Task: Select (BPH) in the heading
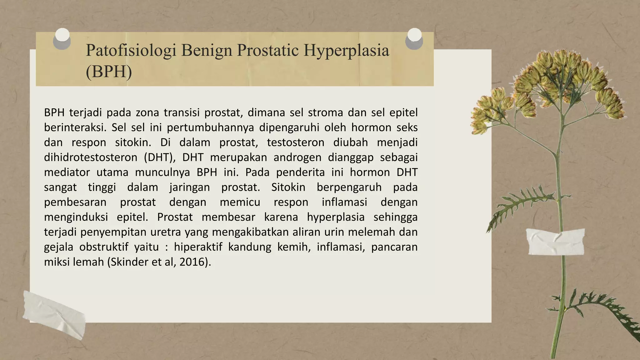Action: (x=109, y=72)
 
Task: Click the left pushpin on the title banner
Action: (x=62, y=39)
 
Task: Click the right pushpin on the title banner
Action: (x=414, y=39)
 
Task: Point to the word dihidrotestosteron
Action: (x=91, y=157)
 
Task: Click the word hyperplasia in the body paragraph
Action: (x=336, y=217)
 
